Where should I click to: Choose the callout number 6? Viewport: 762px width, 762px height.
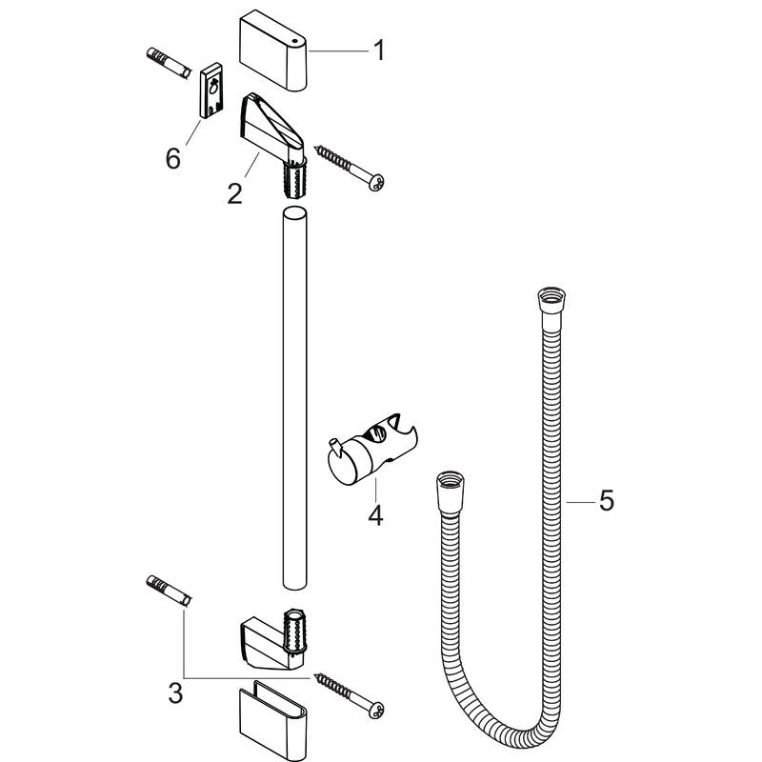172,158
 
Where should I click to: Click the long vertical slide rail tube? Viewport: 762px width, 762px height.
295,400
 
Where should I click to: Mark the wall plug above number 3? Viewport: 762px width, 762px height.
170,590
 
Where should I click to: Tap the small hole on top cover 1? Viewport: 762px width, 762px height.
297,41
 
